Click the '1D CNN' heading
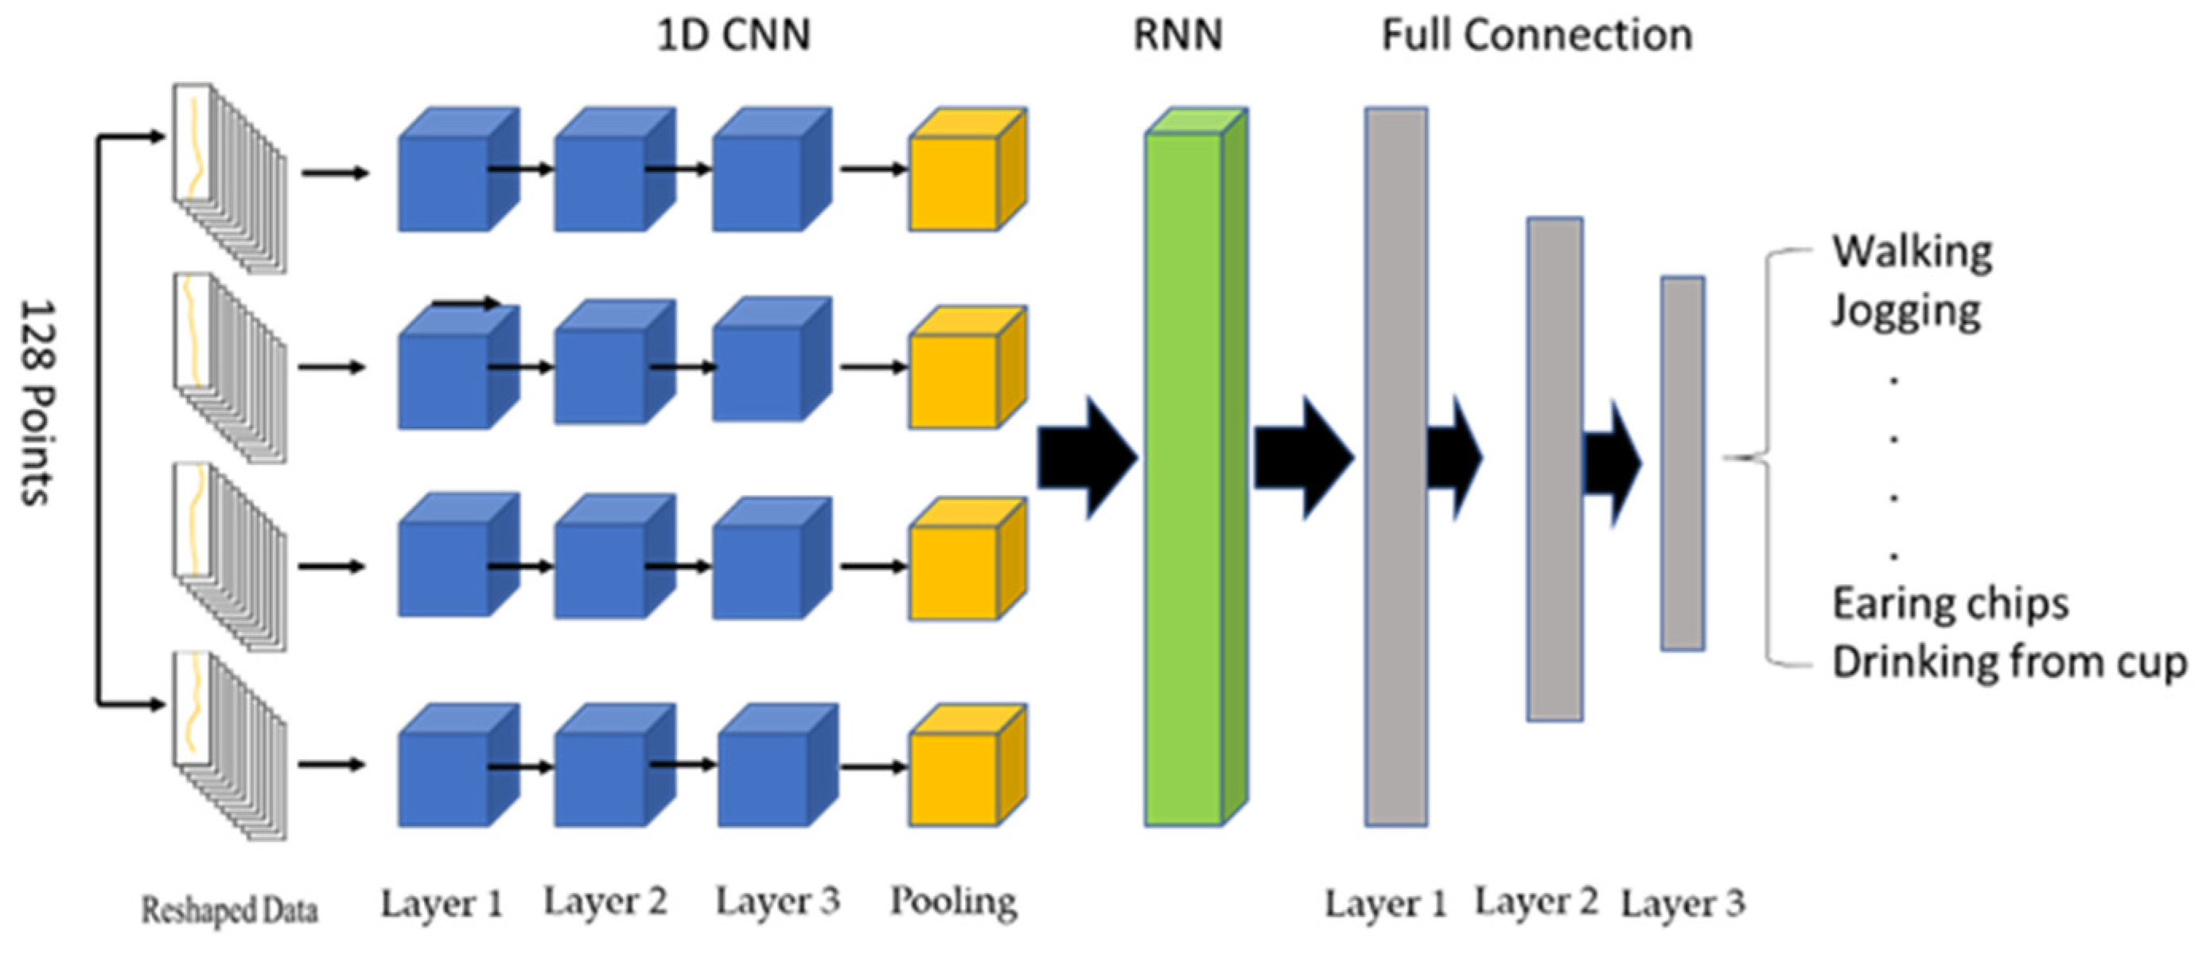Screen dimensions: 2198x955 coord(733,36)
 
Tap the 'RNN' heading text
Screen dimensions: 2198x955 coord(1177,36)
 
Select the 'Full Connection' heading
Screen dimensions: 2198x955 coord(1537,36)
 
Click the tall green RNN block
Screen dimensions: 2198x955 coord(1196,467)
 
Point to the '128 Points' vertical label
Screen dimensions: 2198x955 coord(37,402)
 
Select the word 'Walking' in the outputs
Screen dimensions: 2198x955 coord(1912,251)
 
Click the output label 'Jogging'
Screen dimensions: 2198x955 coord(1906,311)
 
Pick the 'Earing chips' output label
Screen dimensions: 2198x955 coord(1951,603)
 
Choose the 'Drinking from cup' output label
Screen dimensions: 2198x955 coord(2009,662)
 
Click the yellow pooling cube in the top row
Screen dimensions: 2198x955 coord(967,169)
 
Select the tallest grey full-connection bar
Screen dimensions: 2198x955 coord(1396,467)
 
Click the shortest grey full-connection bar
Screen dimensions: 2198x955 coord(1683,463)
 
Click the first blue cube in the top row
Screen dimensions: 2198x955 coord(458,169)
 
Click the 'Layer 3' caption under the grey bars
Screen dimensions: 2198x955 coord(1683,904)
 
